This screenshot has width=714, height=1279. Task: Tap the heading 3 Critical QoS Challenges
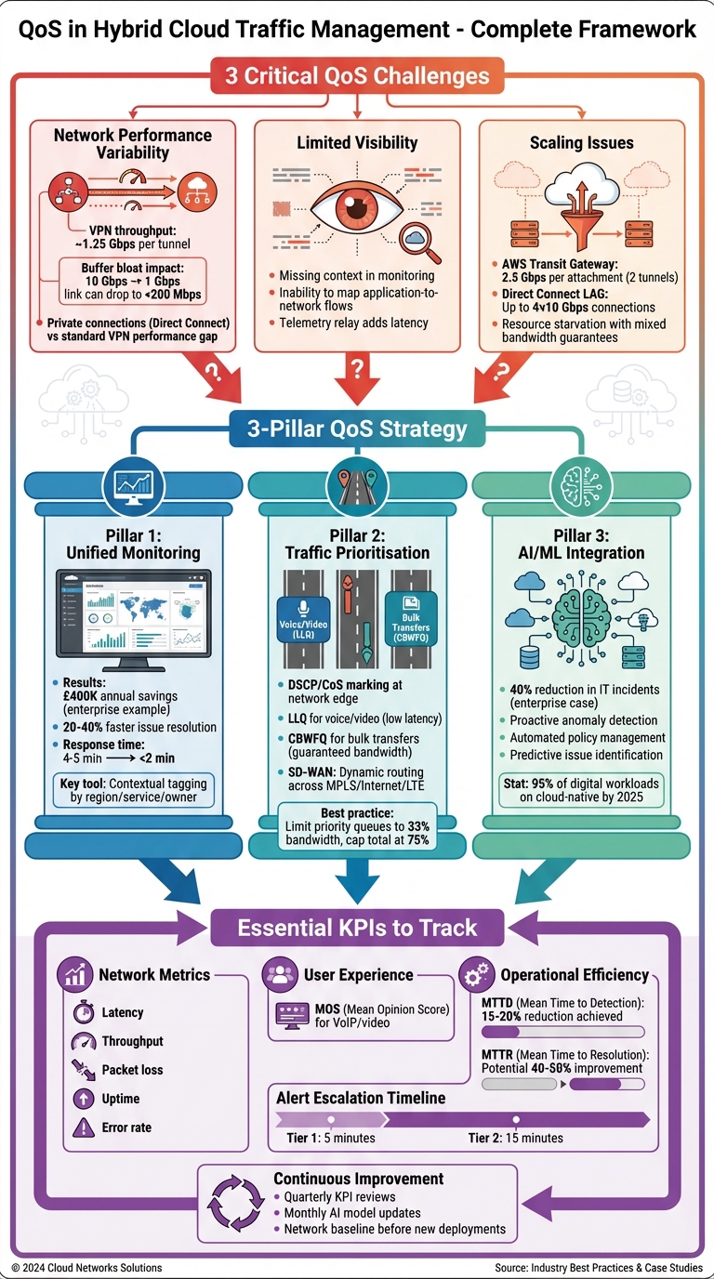[356, 75]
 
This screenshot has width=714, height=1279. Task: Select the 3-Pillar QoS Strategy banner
[357, 430]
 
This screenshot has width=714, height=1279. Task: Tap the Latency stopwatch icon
[84, 1012]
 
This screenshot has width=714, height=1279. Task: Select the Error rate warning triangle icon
[84, 1127]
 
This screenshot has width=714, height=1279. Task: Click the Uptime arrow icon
[84, 1099]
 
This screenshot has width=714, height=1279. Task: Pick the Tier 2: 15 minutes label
[515, 1138]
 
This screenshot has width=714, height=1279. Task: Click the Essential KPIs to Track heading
[357, 927]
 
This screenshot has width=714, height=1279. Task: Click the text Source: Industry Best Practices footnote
[599, 1268]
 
